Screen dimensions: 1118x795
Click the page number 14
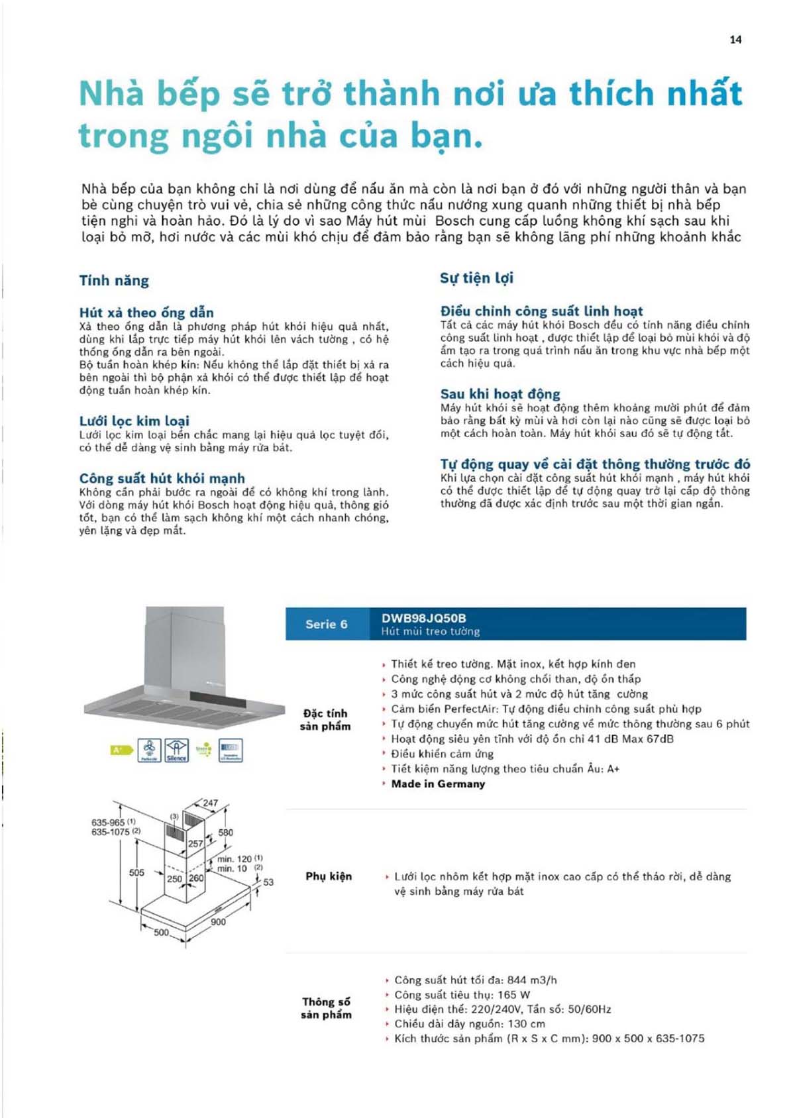point(735,40)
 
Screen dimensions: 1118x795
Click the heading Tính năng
point(114,281)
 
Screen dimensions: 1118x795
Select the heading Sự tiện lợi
point(476,278)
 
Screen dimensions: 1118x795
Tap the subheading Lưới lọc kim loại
point(134,421)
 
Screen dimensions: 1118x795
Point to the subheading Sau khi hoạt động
point(500,394)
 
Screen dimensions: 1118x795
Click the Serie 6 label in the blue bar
point(326,624)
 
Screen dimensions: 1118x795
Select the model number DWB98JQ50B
point(423,618)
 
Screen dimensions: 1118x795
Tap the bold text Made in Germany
point(438,784)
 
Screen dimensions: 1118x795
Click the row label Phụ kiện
point(329,876)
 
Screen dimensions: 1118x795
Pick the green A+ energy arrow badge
point(120,750)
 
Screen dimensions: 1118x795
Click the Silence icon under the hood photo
point(176,750)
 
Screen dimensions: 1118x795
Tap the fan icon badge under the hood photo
point(149,750)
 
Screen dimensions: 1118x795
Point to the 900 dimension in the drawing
point(218,921)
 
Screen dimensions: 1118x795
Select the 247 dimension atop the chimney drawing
point(210,803)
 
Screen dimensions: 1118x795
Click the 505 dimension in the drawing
point(136,873)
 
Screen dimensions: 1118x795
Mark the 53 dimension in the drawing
point(268,882)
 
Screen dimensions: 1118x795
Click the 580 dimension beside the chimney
point(226,833)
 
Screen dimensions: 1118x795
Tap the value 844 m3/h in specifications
point(532,980)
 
